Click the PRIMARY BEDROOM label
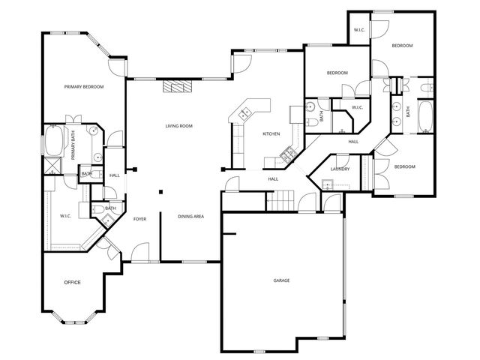(x=83, y=87)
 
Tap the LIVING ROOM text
(x=178, y=126)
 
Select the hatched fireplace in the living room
(x=178, y=86)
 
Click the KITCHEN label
(x=271, y=133)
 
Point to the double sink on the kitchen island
(x=245, y=114)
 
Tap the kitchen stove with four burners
(x=286, y=156)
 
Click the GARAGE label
(x=282, y=280)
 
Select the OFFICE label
(x=72, y=282)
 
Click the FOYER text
(x=139, y=219)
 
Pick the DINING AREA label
(x=190, y=217)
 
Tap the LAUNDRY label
(x=340, y=169)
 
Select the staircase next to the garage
(x=280, y=200)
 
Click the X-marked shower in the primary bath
(x=53, y=165)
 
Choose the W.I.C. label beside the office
(x=65, y=217)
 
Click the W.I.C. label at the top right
(x=358, y=31)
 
